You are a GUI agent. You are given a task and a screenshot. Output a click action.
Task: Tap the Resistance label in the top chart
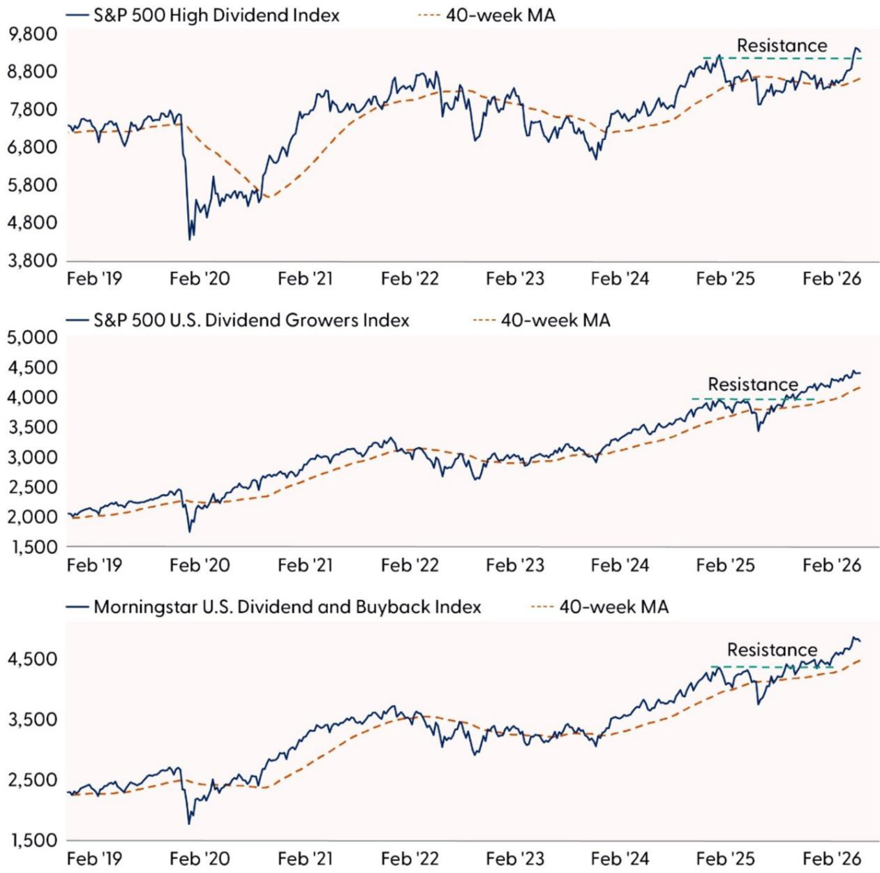(x=782, y=45)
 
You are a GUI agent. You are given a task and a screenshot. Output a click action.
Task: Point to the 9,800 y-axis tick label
(x=32, y=34)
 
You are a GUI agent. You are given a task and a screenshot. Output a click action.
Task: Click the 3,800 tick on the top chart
(x=32, y=260)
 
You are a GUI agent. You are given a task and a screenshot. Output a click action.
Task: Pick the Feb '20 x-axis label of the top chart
(x=200, y=278)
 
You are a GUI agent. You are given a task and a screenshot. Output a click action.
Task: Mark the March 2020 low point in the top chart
(x=190, y=239)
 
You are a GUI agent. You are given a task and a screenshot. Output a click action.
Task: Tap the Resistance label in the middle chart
(x=752, y=385)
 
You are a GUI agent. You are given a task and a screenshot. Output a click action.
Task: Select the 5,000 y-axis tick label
(x=32, y=338)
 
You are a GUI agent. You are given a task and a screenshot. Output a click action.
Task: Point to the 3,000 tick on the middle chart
(x=32, y=457)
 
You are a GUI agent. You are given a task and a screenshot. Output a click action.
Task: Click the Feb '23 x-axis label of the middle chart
(x=515, y=565)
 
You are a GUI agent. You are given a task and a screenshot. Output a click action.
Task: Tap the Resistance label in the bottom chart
(x=772, y=650)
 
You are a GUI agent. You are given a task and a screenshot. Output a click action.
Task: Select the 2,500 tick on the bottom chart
(x=32, y=779)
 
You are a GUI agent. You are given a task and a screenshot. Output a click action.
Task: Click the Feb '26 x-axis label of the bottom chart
(x=832, y=858)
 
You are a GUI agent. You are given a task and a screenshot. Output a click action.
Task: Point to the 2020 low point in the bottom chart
(x=189, y=823)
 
